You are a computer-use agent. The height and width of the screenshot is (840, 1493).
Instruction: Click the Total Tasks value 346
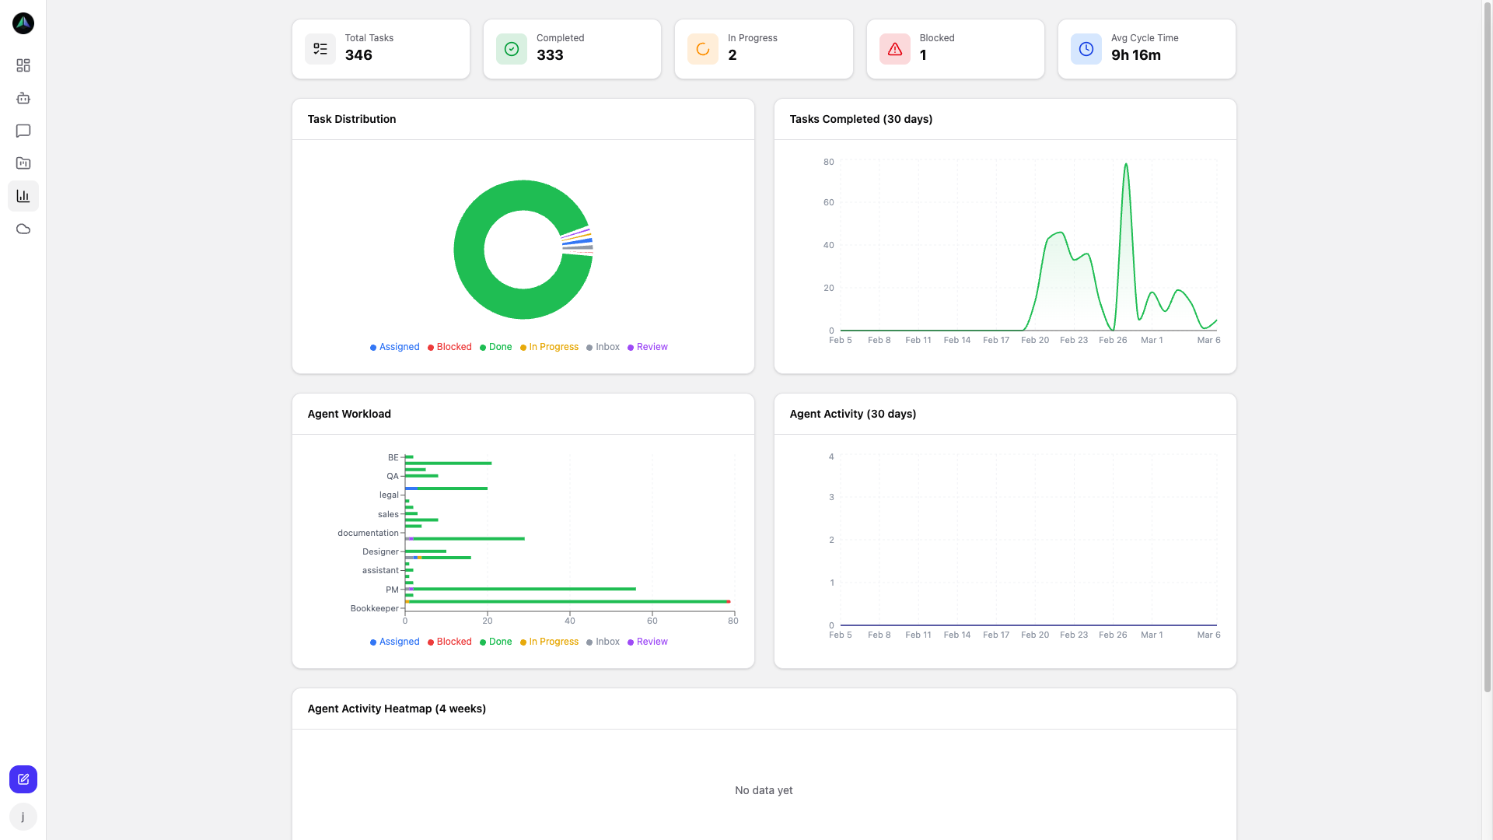click(x=358, y=55)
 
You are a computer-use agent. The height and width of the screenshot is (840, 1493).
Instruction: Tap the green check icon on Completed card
click(x=512, y=49)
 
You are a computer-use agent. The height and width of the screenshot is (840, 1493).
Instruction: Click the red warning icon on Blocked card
click(x=895, y=49)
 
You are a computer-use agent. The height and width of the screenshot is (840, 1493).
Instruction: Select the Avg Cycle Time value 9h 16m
click(x=1135, y=55)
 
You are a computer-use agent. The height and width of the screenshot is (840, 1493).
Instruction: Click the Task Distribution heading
click(x=351, y=119)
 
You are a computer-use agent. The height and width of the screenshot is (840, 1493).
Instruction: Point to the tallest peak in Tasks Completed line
click(x=1126, y=164)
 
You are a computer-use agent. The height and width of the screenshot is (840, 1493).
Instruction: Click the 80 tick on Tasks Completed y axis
click(x=829, y=162)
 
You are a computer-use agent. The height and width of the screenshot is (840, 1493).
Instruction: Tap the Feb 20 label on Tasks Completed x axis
click(x=1035, y=340)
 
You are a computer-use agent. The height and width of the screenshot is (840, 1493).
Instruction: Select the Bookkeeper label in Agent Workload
click(x=374, y=608)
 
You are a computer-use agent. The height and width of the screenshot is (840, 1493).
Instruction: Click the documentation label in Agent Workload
click(x=368, y=533)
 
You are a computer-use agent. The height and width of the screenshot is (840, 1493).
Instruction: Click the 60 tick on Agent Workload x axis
click(x=652, y=621)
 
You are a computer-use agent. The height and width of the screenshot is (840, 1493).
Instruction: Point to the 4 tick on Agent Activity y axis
click(x=831, y=457)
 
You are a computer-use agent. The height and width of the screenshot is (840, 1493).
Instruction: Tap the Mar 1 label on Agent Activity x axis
click(x=1152, y=635)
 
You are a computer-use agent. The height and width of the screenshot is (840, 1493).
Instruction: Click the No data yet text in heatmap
click(x=764, y=790)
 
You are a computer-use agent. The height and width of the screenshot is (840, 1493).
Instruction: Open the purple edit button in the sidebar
click(x=23, y=779)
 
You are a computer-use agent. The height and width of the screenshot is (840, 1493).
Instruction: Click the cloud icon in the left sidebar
click(x=23, y=229)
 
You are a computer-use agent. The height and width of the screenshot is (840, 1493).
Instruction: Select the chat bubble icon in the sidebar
click(x=23, y=131)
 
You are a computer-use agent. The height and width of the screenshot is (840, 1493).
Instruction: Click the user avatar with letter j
click(x=23, y=817)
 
